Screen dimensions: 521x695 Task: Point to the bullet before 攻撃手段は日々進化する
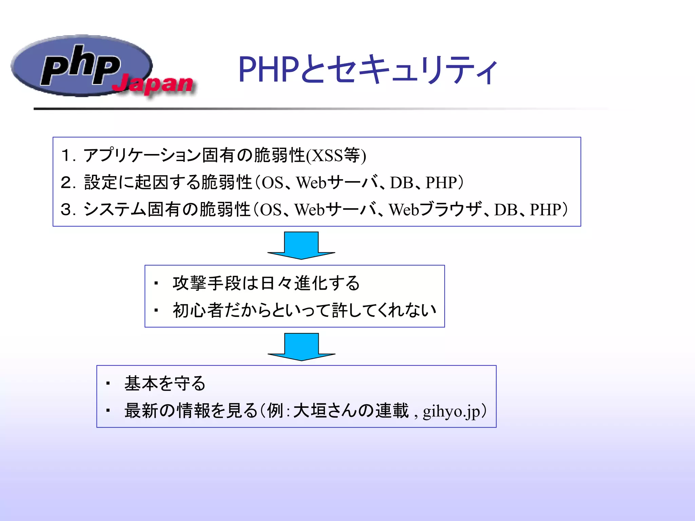click(x=156, y=284)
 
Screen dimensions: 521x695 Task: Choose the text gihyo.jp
click(x=451, y=411)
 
